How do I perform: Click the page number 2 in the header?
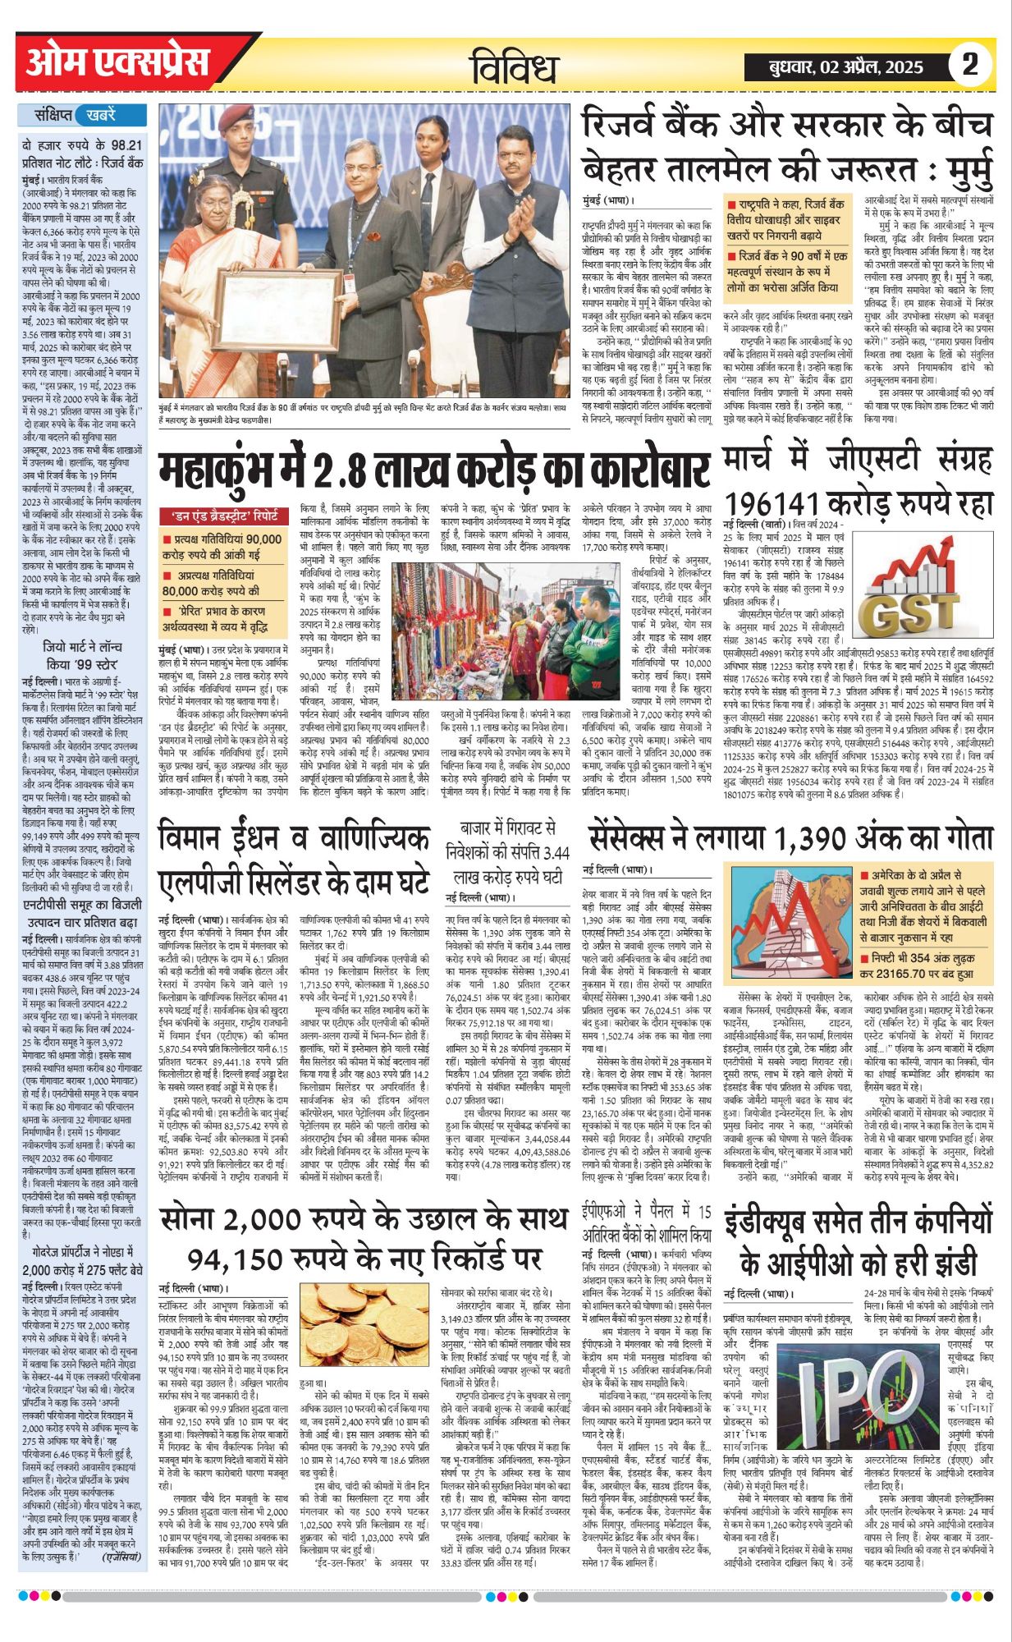pos(970,65)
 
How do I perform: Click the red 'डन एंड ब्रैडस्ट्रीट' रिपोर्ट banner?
pos(223,516)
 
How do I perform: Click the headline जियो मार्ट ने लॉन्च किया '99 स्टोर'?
pos(82,655)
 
